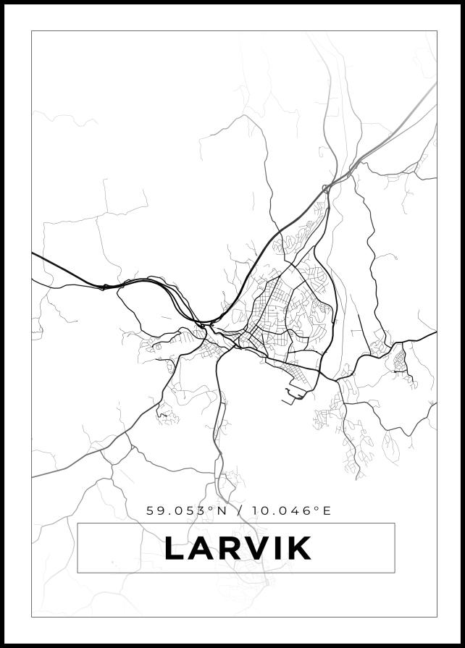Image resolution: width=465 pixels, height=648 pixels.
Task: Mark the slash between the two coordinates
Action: tap(239, 510)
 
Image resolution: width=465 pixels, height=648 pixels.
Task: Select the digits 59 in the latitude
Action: tap(155, 510)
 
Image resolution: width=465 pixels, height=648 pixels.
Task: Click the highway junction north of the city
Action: tap(327, 188)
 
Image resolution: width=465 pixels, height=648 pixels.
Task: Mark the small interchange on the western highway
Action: tap(104, 287)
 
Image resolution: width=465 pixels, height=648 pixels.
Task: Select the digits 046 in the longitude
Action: tap(299, 510)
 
